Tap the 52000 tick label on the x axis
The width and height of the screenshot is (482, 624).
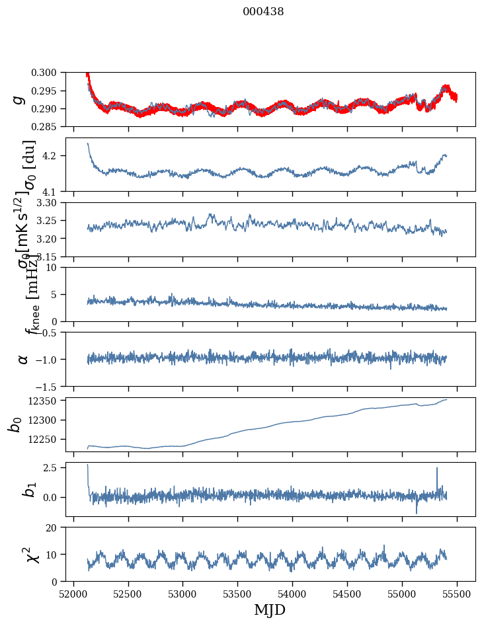point(73,594)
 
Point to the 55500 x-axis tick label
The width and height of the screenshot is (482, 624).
point(458,594)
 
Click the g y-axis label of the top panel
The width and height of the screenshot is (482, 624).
point(20,99)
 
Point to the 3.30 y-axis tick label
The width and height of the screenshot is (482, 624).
point(51,202)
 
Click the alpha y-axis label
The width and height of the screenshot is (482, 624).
point(23,359)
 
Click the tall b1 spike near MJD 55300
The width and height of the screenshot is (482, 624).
point(436,469)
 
